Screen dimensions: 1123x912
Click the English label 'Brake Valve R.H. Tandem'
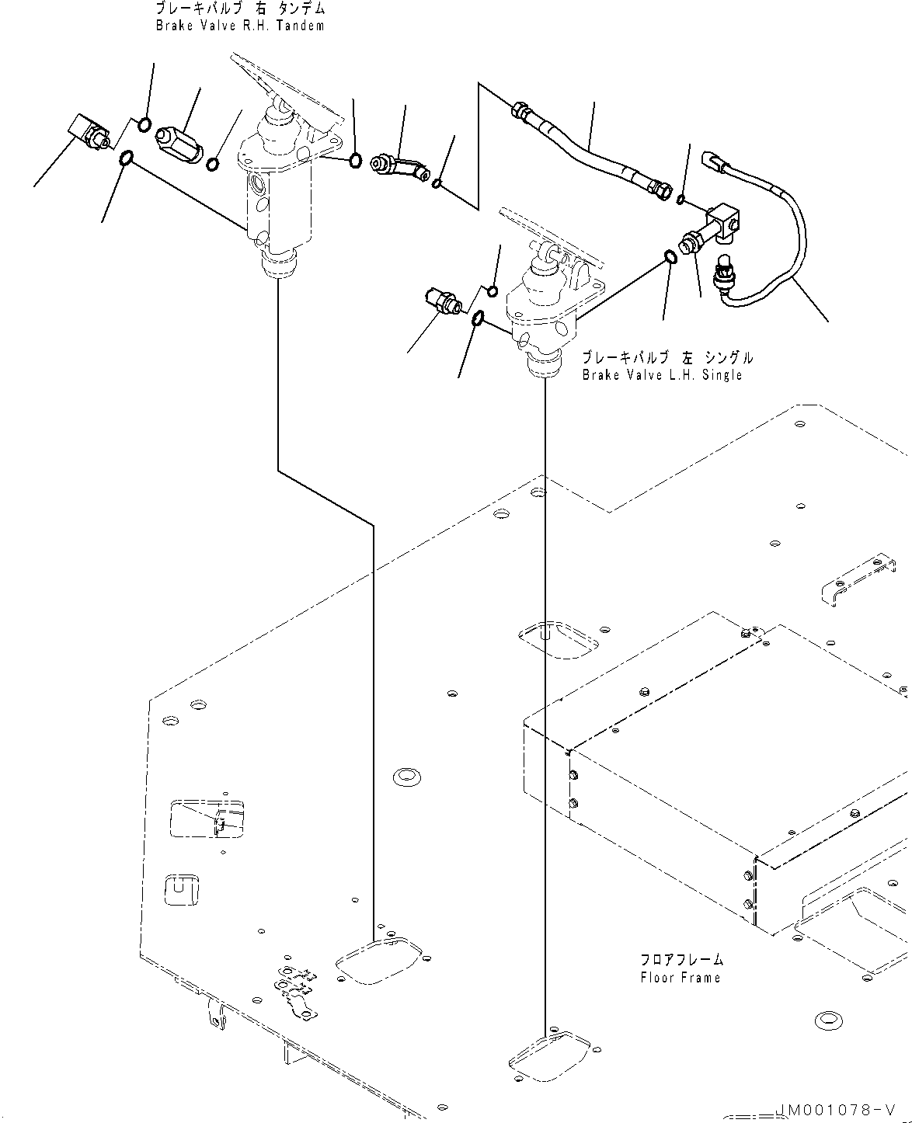point(239,26)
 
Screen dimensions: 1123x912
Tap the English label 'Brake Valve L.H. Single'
point(662,375)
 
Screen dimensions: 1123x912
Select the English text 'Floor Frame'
point(681,978)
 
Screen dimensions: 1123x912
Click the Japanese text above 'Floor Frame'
point(681,960)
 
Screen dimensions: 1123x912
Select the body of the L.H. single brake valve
point(544,318)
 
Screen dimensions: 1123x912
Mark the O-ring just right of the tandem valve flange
point(355,161)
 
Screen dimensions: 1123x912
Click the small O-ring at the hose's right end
point(681,201)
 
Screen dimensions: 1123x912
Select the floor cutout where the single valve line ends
point(550,1053)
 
